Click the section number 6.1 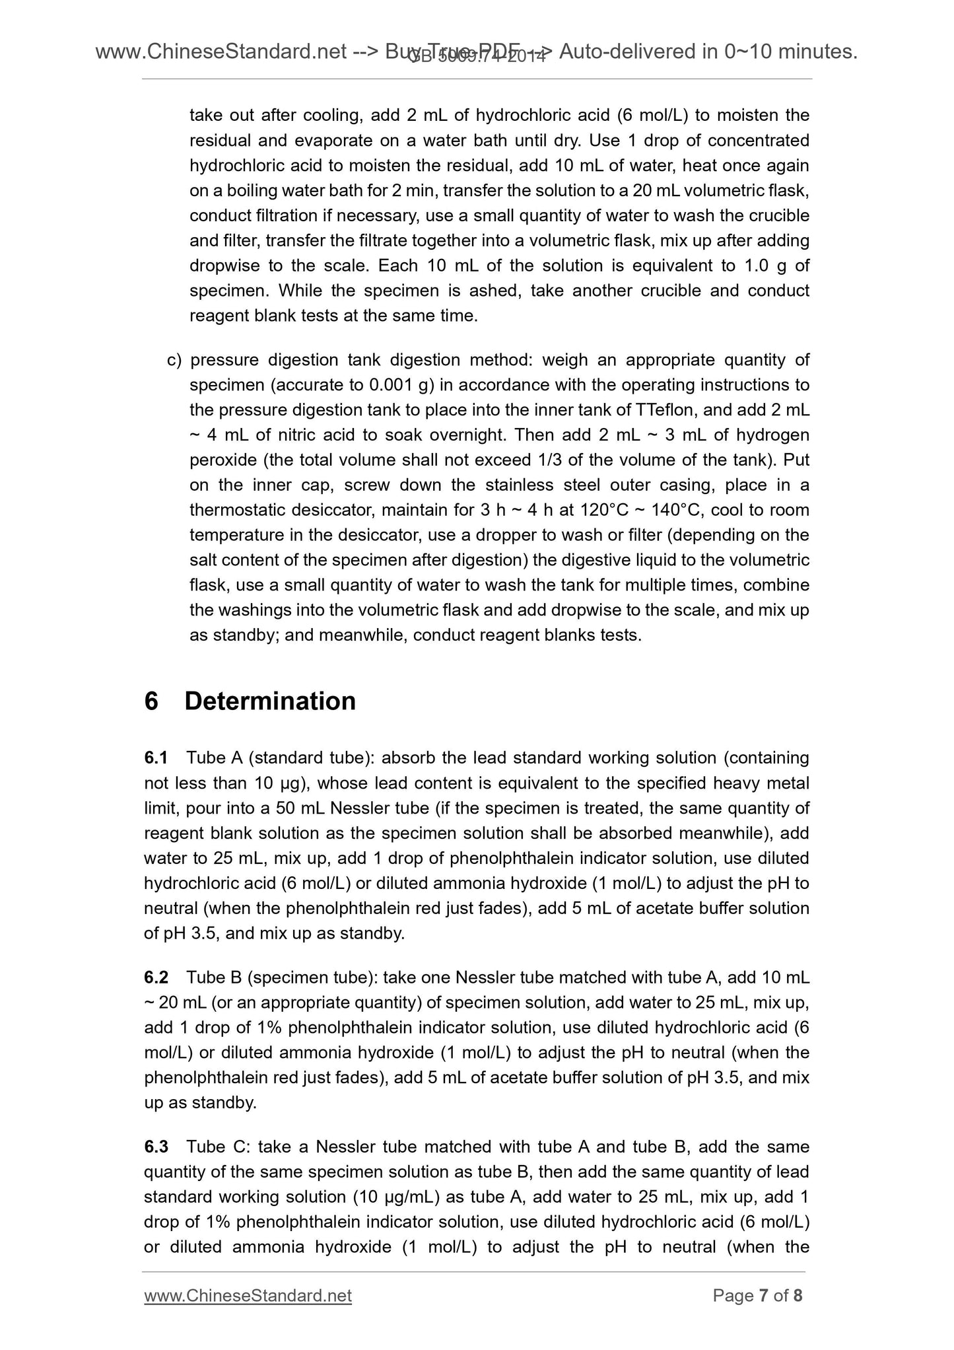coord(156,758)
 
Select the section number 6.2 coord(156,977)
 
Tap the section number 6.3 coord(156,1146)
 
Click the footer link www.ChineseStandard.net coord(248,1296)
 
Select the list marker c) coord(174,360)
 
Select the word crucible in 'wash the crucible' coord(779,216)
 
